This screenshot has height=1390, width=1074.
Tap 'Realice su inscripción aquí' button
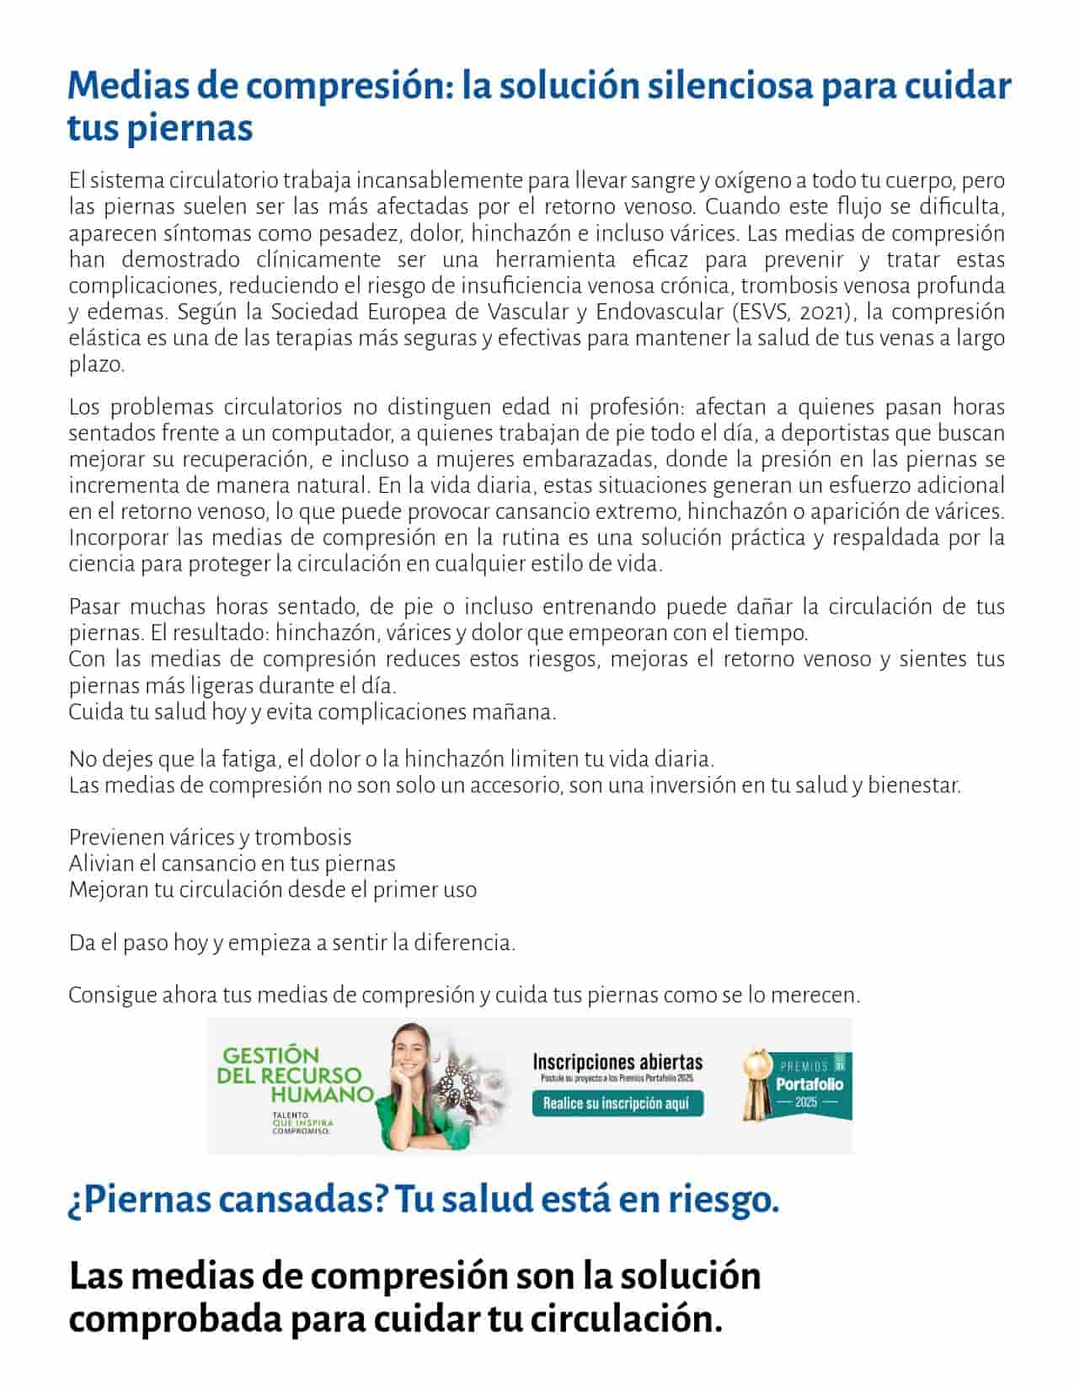(x=617, y=1104)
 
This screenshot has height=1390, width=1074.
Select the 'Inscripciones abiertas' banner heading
(x=617, y=1061)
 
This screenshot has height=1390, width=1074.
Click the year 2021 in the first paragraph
(x=820, y=313)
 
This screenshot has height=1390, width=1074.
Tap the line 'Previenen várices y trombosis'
(x=210, y=837)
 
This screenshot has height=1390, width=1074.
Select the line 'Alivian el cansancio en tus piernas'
(x=232, y=863)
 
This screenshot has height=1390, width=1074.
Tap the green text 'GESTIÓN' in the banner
(x=270, y=1056)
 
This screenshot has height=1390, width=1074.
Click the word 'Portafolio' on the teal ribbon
(x=809, y=1084)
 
